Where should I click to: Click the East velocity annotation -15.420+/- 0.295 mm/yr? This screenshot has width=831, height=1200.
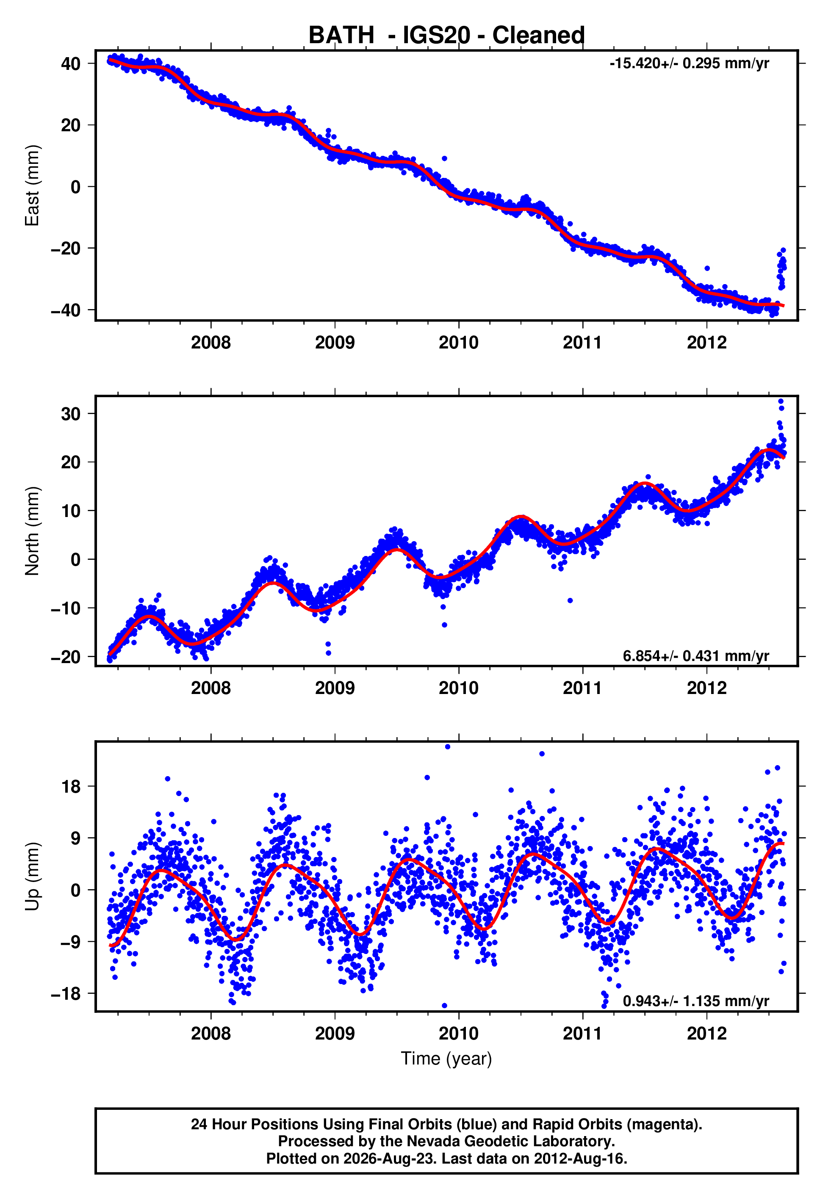[x=690, y=64]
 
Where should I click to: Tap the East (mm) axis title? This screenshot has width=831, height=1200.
[x=32, y=185]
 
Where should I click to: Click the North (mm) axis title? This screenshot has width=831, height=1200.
[x=32, y=531]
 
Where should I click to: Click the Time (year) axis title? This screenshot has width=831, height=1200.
[x=446, y=1059]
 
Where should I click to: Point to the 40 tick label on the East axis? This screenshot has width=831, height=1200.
[x=71, y=64]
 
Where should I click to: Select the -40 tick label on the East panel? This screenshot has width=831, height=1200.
[x=66, y=310]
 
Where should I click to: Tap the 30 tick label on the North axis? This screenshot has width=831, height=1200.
[x=71, y=414]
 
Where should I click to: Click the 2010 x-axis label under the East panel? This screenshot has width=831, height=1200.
[x=459, y=343]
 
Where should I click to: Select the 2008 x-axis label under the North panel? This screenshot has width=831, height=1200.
[x=211, y=688]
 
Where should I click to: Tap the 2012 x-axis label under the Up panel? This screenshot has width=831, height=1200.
[x=706, y=1034]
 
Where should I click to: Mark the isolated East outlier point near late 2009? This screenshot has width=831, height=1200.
[x=444, y=158]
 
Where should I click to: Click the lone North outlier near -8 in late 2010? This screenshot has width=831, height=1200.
[x=570, y=600]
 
